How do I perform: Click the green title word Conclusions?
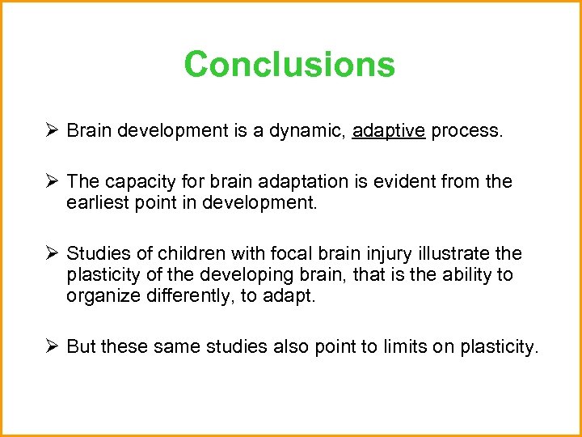tap(289, 65)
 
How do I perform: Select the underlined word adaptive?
tap(389, 131)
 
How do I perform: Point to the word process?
tap(466, 131)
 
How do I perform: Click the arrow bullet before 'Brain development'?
tap(51, 130)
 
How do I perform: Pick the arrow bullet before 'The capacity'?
tap(51, 182)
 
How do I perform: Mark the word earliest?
tap(99, 202)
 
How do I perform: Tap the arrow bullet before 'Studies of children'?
tap(51, 254)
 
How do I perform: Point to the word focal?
tap(281, 254)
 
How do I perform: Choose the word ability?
tap(448, 274)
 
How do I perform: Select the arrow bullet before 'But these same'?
tap(51, 346)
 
